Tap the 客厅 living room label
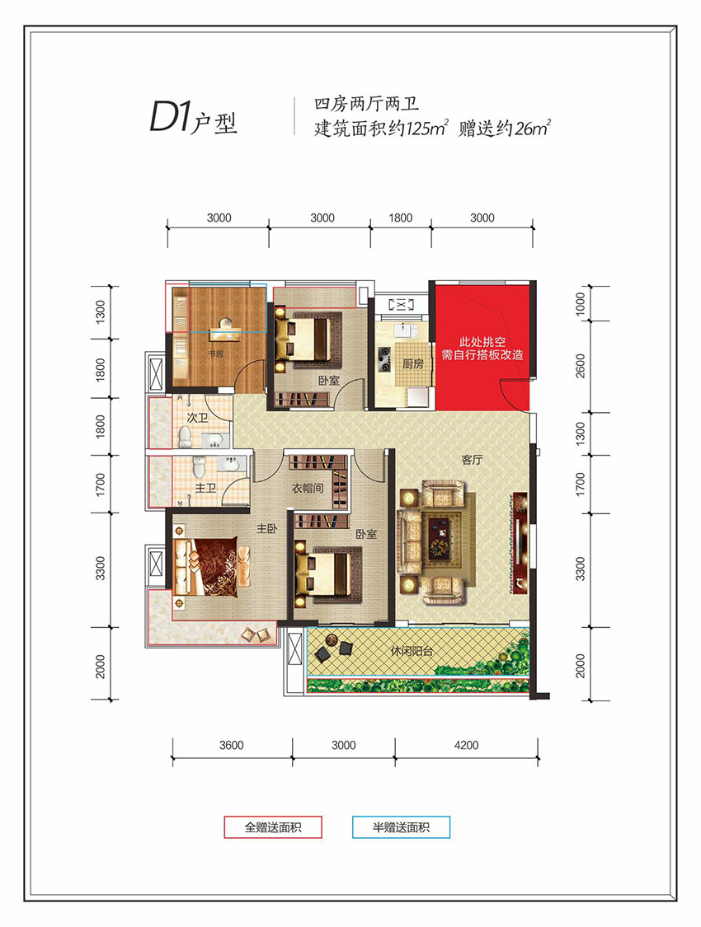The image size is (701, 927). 472,460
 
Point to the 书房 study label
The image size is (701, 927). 216,354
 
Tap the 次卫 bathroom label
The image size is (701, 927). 196,419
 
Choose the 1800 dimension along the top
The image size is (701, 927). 400,218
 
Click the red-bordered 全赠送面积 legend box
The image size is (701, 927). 273,826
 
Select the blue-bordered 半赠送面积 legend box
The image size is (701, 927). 401,826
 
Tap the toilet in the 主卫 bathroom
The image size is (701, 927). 199,468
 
